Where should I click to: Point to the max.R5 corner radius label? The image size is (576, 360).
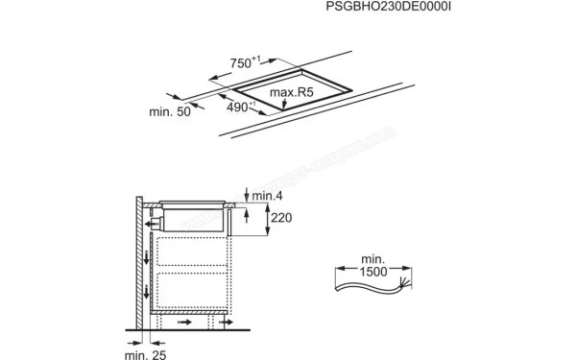click(292, 93)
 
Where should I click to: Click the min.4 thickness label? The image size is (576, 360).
click(267, 197)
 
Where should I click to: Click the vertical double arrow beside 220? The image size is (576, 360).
click(265, 221)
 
